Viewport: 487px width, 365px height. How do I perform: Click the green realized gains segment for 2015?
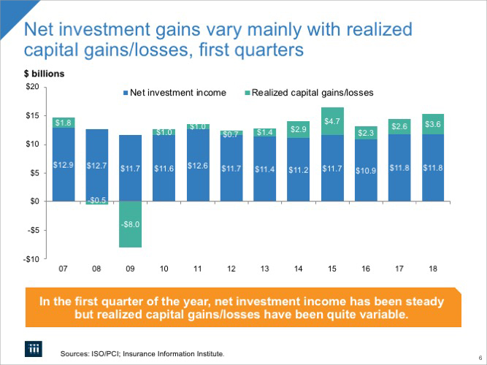[x=332, y=121]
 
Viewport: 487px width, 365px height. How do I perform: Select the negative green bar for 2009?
[x=131, y=224]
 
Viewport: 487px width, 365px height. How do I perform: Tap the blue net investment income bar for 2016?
[x=366, y=170]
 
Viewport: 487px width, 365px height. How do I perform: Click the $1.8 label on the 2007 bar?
[x=64, y=123]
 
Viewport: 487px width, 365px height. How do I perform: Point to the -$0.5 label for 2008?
[x=97, y=200]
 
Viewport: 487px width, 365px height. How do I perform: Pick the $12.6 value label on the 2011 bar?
[x=198, y=166]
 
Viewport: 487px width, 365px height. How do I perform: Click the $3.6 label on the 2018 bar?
[x=433, y=125]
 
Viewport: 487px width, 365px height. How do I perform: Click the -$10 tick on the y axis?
[x=30, y=258]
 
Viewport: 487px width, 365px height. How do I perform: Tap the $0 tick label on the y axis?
[x=33, y=201]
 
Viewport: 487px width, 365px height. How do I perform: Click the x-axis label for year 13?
[x=265, y=269]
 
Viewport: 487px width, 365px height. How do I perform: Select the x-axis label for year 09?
[x=131, y=269]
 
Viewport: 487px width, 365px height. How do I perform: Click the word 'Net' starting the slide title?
[x=45, y=31]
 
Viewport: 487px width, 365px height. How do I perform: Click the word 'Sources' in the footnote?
[x=77, y=354]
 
